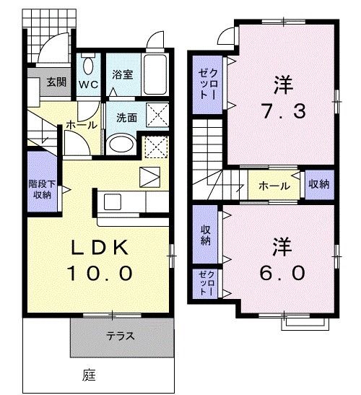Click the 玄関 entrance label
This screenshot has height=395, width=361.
[57, 81]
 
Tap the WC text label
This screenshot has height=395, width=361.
[88, 83]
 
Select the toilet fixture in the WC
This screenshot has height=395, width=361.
[88, 66]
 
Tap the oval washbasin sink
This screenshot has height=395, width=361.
[121, 144]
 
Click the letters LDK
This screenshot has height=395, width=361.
[100, 248]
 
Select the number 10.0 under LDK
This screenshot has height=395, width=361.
[100, 273]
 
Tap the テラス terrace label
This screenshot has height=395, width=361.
[121, 337]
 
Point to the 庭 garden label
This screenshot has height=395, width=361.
[89, 376]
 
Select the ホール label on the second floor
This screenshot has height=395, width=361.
[275, 186]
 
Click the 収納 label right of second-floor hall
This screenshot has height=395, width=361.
[318, 184]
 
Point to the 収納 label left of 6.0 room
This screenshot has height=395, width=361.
[205, 235]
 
